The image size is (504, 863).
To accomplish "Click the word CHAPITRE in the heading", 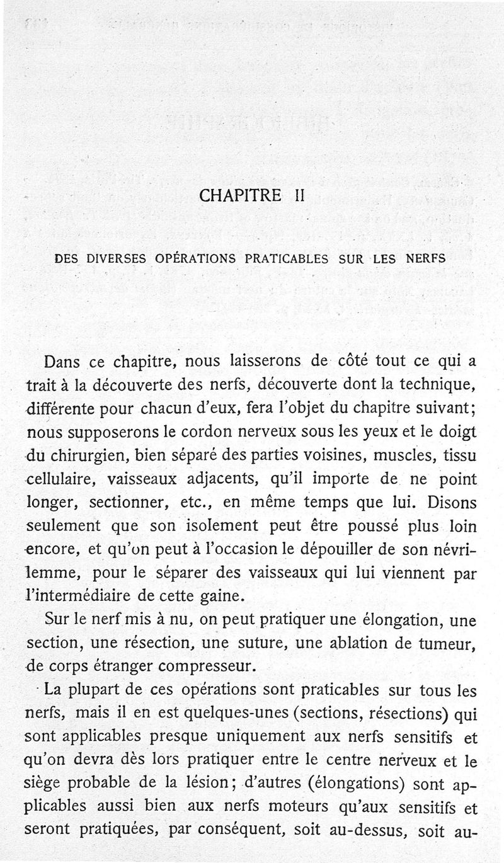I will [x=239, y=195].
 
